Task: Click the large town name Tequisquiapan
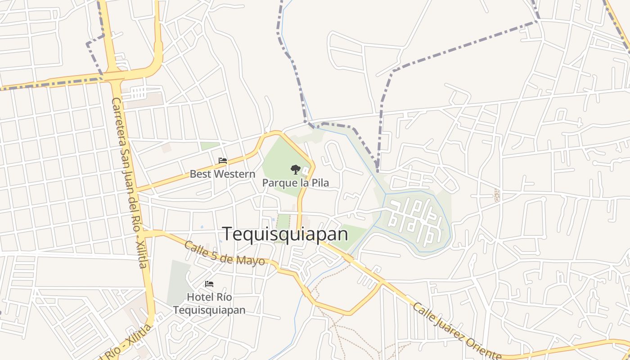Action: (285, 234)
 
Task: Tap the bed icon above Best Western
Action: (222, 161)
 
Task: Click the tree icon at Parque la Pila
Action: (295, 170)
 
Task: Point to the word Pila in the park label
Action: (320, 183)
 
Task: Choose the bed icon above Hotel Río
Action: (209, 284)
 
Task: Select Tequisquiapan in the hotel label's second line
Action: (209, 310)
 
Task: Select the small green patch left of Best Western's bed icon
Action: (209, 146)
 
